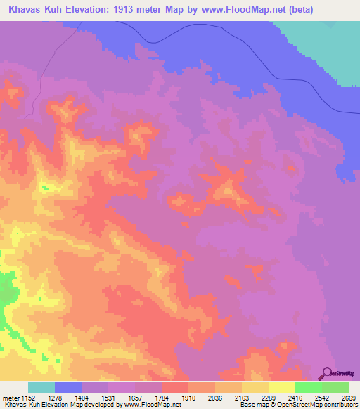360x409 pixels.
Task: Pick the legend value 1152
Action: (x=27, y=398)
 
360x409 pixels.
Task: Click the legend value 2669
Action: (x=349, y=398)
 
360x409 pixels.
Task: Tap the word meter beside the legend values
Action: (x=10, y=398)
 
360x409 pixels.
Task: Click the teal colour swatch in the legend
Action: (x=41, y=387)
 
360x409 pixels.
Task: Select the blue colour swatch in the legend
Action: (x=68, y=387)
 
